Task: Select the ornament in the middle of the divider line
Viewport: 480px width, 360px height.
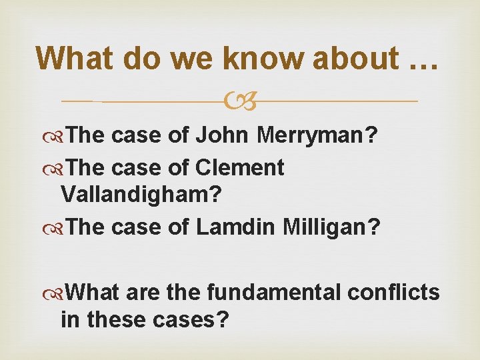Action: (x=239, y=102)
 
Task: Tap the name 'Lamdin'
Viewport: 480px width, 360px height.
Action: (x=236, y=227)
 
